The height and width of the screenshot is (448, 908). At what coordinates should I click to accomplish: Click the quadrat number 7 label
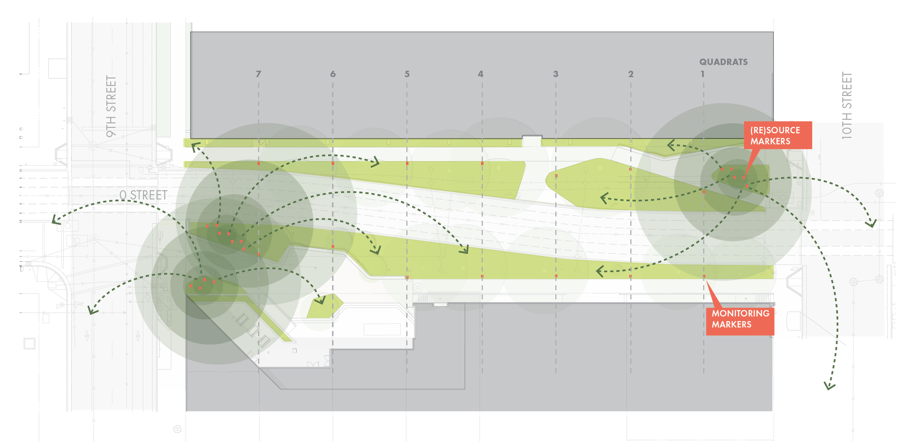[x=258, y=74]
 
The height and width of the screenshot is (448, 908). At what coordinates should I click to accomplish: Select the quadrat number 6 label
[x=333, y=74]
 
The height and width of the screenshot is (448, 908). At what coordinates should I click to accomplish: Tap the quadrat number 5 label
[x=407, y=74]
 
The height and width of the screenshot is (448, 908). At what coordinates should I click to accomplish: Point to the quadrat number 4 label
[x=481, y=74]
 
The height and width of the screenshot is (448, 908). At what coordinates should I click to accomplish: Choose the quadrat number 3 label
[x=555, y=74]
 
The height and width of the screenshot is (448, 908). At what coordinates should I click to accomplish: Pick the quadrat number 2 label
[x=631, y=74]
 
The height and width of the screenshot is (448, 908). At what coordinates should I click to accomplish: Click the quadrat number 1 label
[x=702, y=74]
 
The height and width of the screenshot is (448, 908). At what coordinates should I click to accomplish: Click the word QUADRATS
[x=723, y=62]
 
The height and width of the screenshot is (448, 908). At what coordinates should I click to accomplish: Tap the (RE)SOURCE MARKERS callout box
[x=777, y=135]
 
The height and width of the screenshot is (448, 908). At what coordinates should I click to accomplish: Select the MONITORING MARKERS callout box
[x=740, y=319]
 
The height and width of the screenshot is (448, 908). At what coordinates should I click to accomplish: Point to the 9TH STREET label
[x=111, y=106]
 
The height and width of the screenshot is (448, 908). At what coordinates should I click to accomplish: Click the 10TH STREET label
[x=847, y=105]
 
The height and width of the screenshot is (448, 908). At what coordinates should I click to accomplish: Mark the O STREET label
[x=143, y=195]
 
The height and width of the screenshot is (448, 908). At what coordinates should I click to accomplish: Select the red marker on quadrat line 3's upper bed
[x=556, y=176]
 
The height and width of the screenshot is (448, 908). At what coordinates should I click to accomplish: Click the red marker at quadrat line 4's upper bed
[x=482, y=164]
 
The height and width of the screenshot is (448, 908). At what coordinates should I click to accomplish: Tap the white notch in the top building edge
[x=532, y=141]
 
